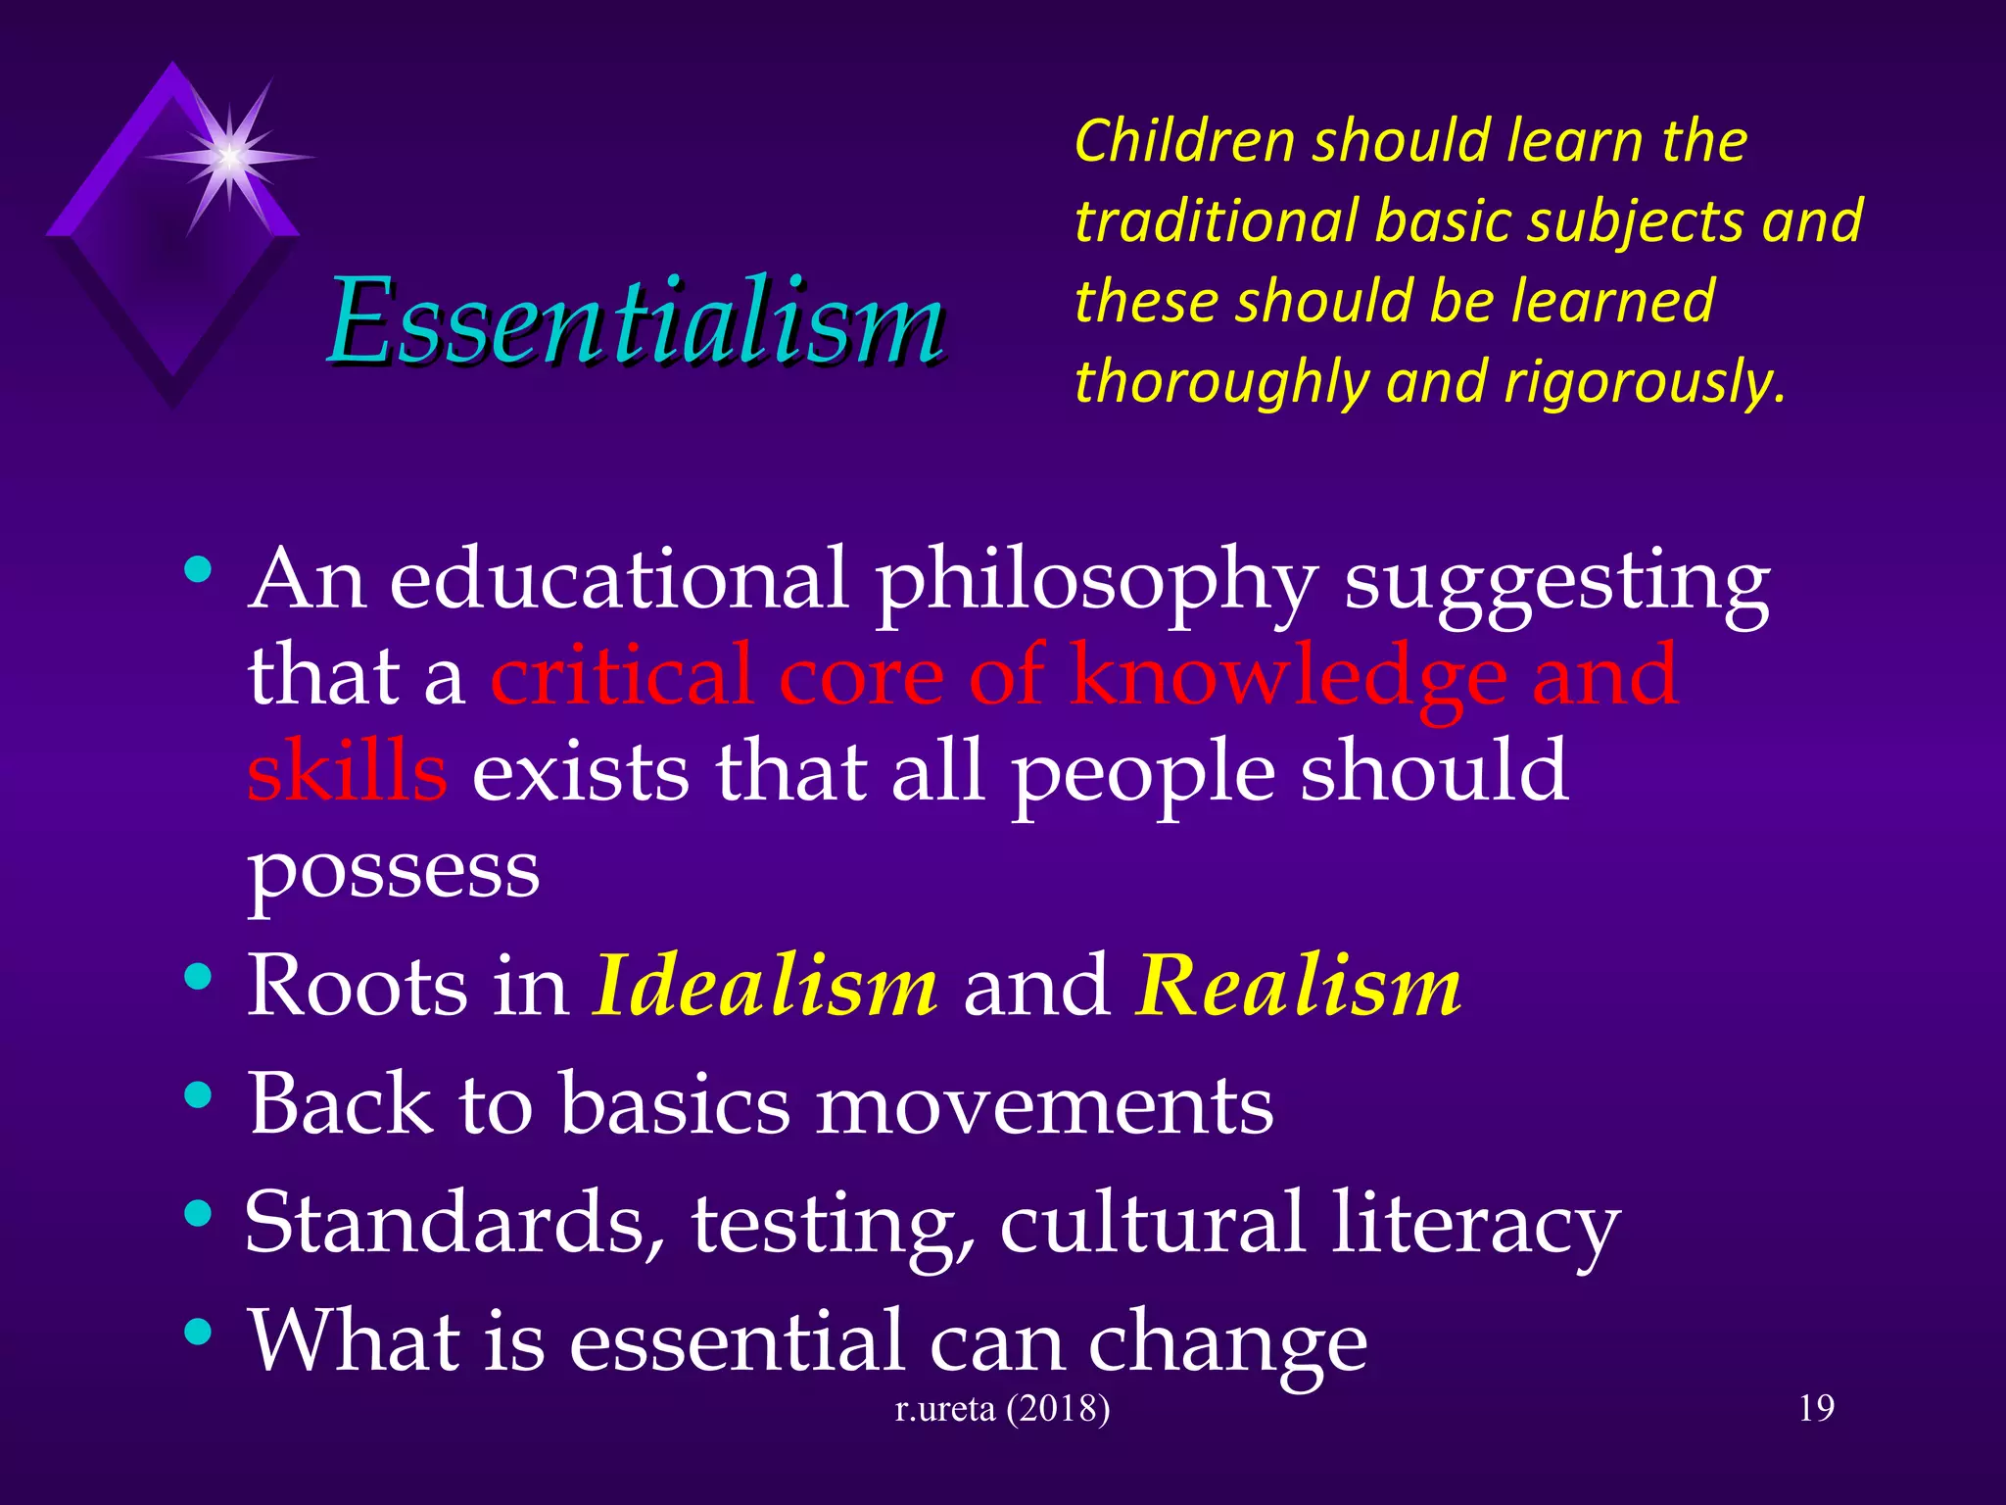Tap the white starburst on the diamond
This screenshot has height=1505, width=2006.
[229, 157]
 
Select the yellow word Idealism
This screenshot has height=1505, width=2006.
[766, 985]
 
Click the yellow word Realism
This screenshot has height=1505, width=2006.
[1299, 985]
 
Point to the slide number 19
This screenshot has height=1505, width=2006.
[1816, 1408]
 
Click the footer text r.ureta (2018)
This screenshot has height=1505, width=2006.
[1003, 1408]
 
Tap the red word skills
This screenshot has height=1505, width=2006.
[347, 772]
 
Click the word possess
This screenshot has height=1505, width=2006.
[393, 870]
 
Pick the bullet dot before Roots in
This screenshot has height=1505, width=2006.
[198, 976]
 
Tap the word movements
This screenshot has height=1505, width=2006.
[1044, 1105]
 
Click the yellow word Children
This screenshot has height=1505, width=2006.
[1184, 140]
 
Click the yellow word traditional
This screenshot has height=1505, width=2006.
[1217, 220]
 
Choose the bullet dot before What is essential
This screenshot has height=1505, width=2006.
[198, 1332]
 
